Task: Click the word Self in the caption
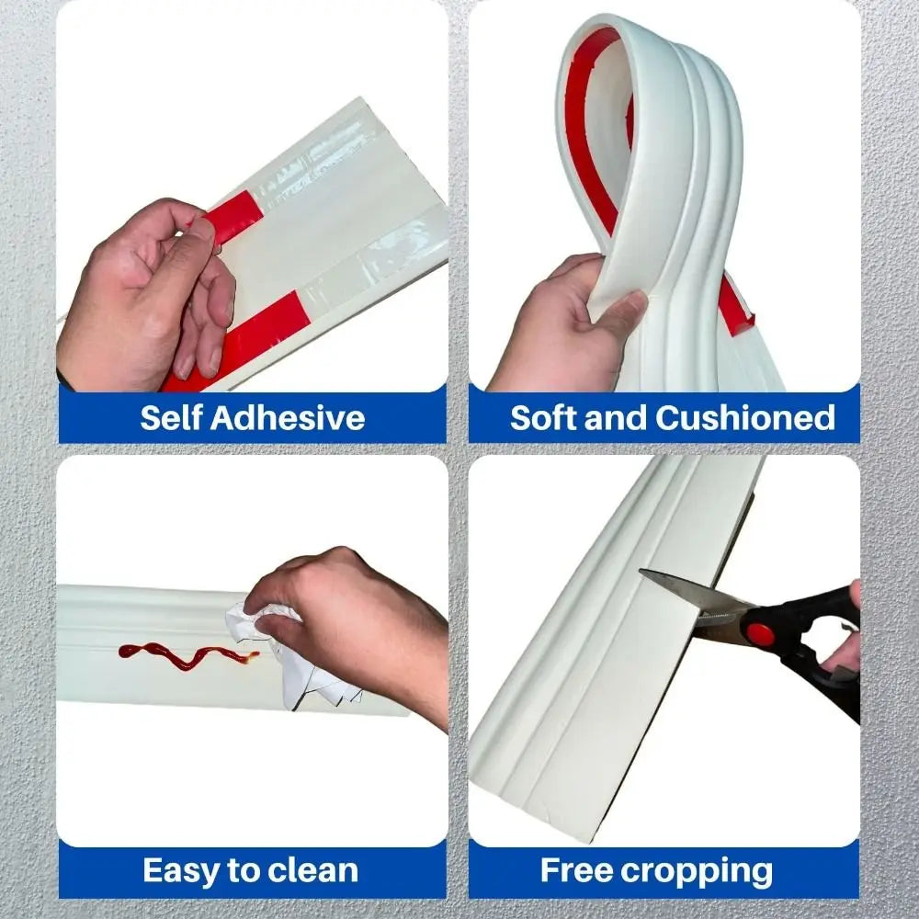(171, 418)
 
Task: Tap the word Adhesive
(287, 418)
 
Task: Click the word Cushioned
(745, 418)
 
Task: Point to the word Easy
(182, 871)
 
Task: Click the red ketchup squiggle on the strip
(187, 655)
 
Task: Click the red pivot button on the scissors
(760, 634)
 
